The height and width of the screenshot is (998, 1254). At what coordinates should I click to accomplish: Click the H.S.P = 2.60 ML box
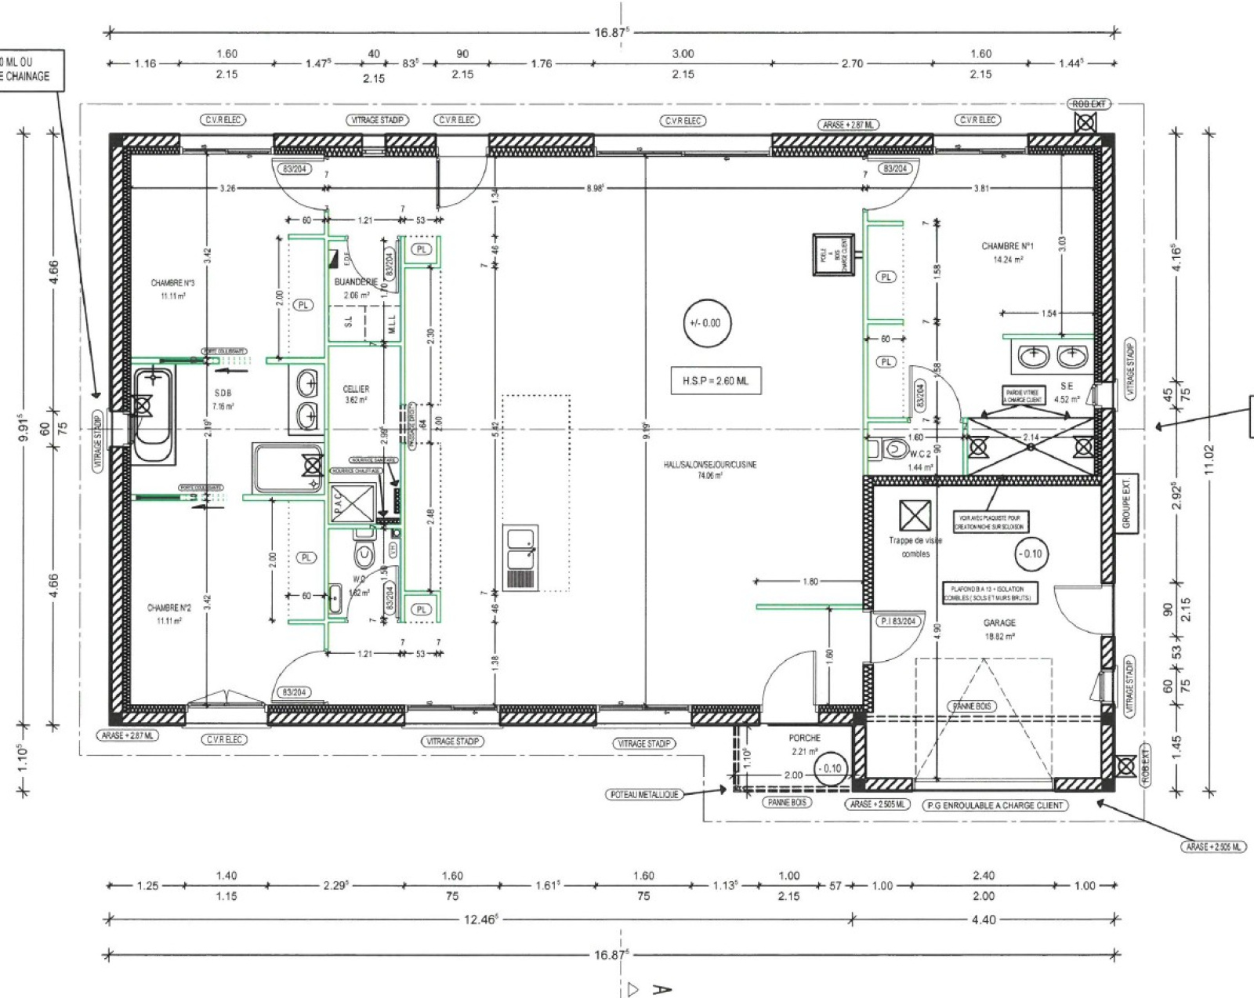(x=710, y=380)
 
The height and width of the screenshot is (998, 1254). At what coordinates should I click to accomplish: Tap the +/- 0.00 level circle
(x=705, y=323)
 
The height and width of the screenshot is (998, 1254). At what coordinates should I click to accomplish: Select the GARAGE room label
(x=999, y=623)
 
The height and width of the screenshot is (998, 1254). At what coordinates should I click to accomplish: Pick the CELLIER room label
(x=356, y=389)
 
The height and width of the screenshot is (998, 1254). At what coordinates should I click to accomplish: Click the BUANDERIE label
(x=356, y=281)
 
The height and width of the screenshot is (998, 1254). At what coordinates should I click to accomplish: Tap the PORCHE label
(x=804, y=738)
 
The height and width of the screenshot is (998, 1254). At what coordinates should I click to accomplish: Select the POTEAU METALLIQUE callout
(x=643, y=794)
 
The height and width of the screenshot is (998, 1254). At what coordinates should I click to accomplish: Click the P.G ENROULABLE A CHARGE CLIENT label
(x=995, y=805)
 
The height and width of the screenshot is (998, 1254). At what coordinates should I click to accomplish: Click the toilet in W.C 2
(x=891, y=449)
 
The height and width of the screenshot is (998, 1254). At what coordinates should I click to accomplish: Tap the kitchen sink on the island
(x=520, y=548)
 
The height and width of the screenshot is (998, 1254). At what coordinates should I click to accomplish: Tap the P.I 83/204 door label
(x=897, y=621)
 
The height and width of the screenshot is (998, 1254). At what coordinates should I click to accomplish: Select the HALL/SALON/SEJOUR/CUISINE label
(x=710, y=465)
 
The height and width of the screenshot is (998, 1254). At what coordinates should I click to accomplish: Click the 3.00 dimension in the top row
(x=683, y=53)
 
